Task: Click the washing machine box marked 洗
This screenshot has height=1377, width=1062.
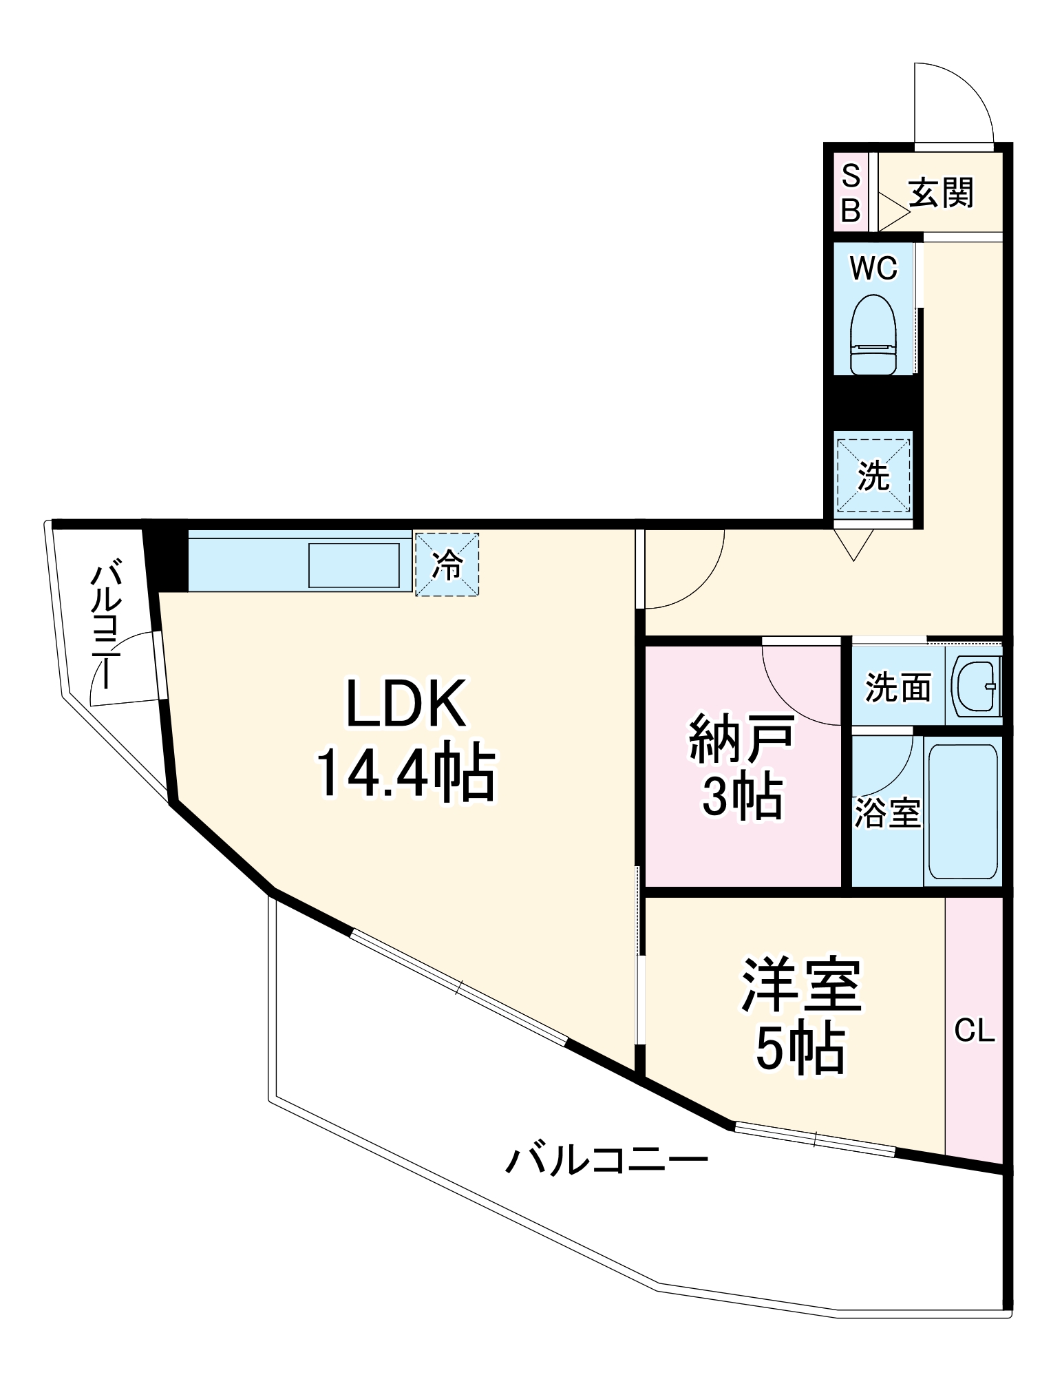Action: point(873,475)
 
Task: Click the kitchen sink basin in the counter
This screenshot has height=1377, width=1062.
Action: point(354,565)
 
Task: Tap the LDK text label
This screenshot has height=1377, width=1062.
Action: point(406,703)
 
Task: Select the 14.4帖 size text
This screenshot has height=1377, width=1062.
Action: point(406,772)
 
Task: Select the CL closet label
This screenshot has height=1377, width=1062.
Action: point(975,1031)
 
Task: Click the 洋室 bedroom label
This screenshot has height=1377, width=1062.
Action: point(801,985)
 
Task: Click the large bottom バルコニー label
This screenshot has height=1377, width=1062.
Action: point(606,1160)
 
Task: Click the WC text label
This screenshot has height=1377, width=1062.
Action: point(873,269)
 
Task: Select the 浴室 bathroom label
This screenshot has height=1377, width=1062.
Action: point(887,813)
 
